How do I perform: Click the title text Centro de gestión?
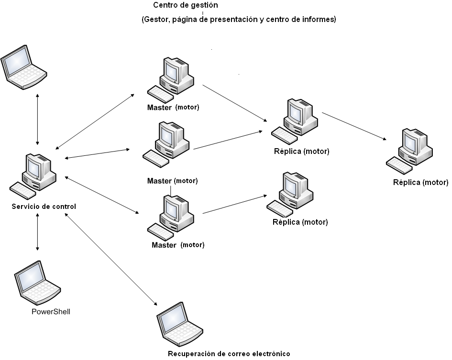[186, 6]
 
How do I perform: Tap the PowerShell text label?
[51, 312]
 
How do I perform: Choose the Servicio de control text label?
[44, 207]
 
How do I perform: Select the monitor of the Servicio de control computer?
[34, 167]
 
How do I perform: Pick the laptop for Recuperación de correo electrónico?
[178, 325]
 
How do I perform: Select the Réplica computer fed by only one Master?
[292, 193]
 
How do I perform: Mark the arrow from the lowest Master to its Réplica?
[234, 204]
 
